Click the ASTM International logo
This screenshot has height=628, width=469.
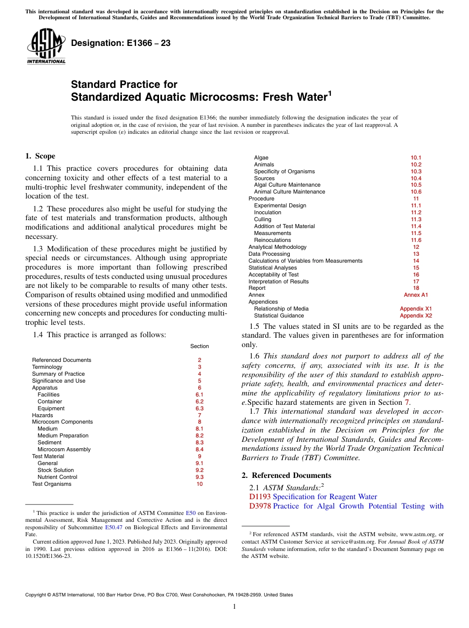tap(46, 46)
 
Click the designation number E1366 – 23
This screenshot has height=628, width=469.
tap(120, 43)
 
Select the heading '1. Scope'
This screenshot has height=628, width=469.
tap(40, 156)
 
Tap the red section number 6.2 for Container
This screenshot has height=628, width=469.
tap(199, 401)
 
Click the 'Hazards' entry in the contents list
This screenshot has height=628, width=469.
tap(42, 415)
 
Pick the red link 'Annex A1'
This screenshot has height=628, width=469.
tap(416, 295)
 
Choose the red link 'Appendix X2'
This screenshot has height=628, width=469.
tap(416, 315)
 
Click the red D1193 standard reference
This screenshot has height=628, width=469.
tap(260, 497)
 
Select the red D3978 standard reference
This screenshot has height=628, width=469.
tap(260, 506)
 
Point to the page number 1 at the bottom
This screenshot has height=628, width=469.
tap(234, 606)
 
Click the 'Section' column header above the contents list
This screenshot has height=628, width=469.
tap(199, 346)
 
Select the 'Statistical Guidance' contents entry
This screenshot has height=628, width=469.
tap(279, 315)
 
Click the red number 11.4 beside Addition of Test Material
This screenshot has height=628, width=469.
tap(416, 226)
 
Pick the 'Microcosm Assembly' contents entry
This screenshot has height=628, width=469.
tap(64, 449)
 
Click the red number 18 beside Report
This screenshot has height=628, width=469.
tap(416, 288)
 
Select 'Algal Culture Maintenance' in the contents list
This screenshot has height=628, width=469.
tap(287, 185)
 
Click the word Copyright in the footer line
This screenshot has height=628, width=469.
tap(37, 595)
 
